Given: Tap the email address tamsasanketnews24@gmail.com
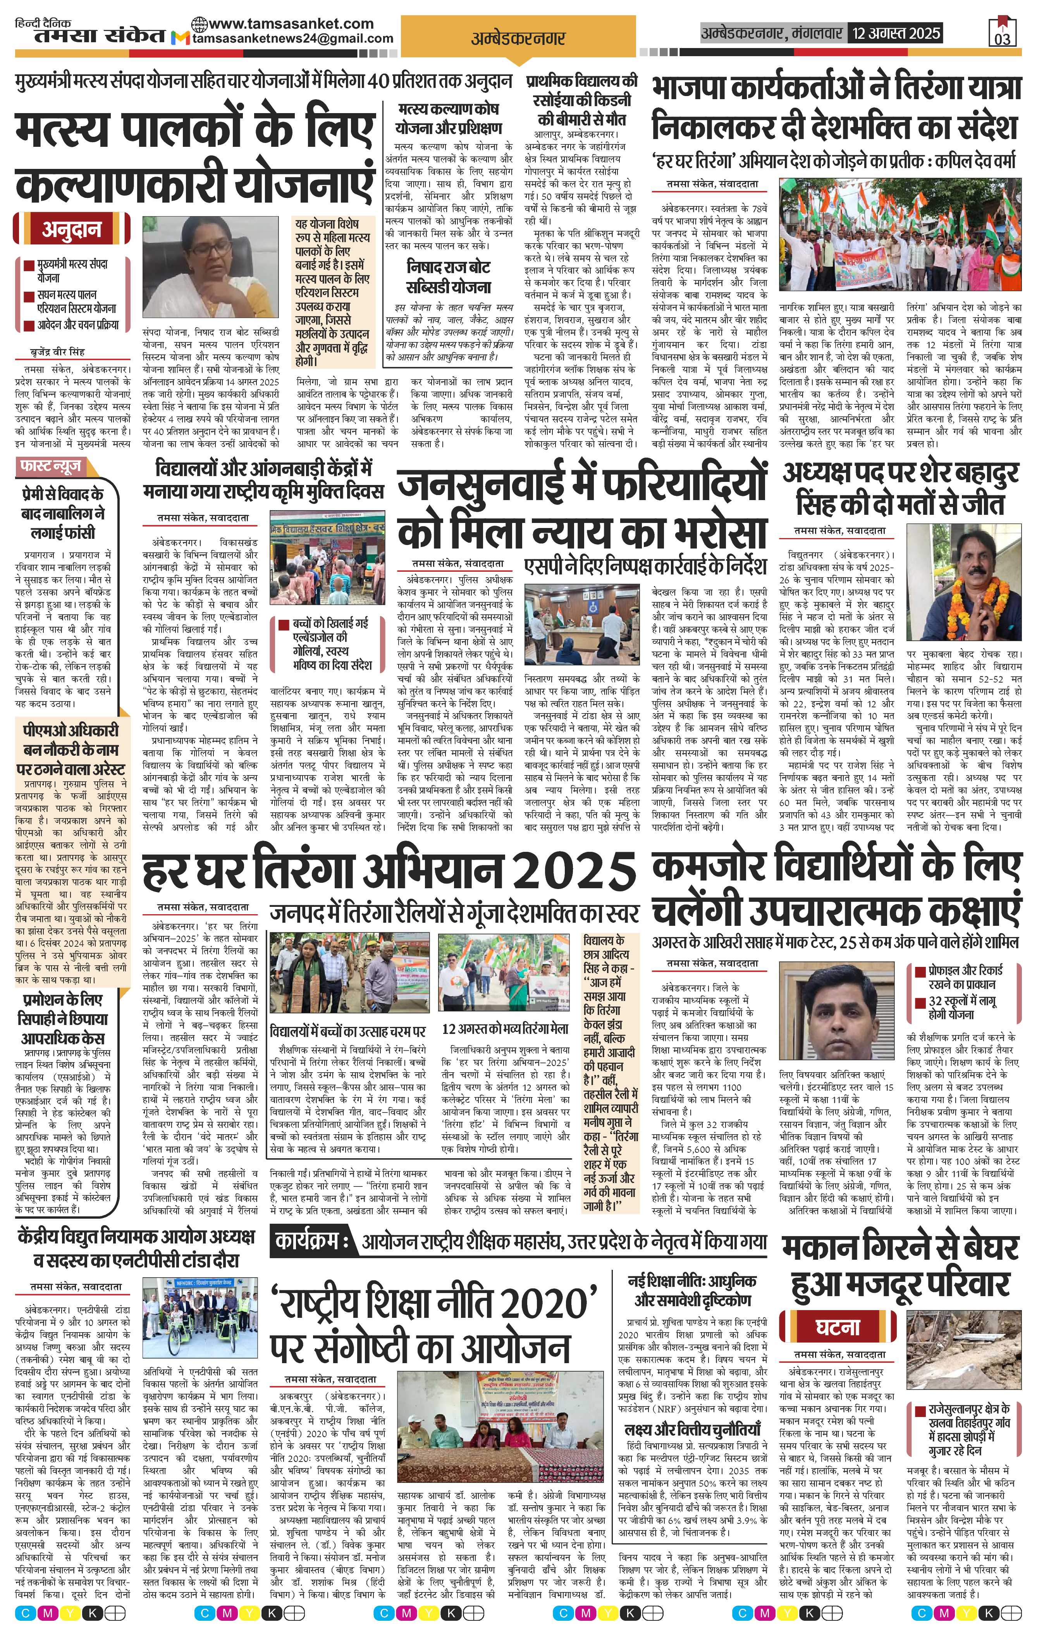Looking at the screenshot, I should (293, 39).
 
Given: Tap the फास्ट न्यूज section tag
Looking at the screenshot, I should (51, 466).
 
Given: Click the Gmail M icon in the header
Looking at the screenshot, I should (180, 39).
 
